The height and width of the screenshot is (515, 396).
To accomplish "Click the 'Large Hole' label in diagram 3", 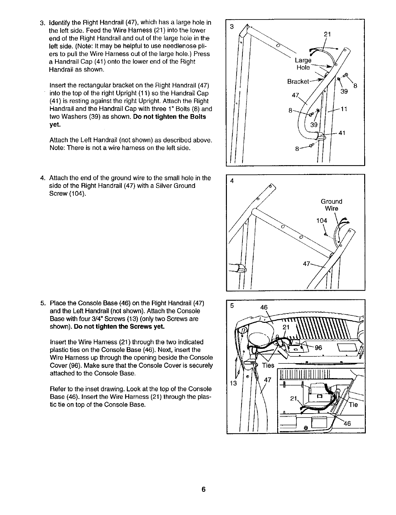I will pyautogui.click(x=303, y=64).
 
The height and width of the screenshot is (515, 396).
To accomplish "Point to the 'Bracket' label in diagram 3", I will pyautogui.click(x=298, y=81).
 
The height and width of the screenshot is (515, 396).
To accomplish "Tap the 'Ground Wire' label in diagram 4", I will pyautogui.click(x=331, y=205).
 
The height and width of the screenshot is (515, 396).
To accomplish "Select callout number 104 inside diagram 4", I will pyautogui.click(x=321, y=221).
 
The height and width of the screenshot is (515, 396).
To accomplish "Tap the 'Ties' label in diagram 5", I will pyautogui.click(x=268, y=365).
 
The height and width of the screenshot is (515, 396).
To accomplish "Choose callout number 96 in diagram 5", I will pyautogui.click(x=318, y=348).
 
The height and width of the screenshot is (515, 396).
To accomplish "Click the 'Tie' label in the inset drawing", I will pyautogui.click(x=353, y=405).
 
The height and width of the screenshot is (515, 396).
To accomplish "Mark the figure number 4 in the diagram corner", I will pyautogui.click(x=232, y=181).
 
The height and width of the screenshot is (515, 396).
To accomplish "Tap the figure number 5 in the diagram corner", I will pyautogui.click(x=232, y=306).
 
